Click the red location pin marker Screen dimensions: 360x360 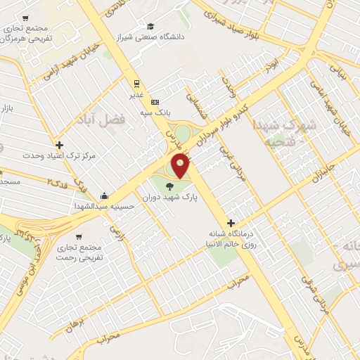click(181, 166)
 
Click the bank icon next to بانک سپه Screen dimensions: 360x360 click(155, 101)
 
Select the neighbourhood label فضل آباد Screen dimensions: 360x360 click(103, 120)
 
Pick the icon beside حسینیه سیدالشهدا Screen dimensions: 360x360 click(104, 195)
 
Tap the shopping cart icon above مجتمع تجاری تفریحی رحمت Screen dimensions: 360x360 click(79, 237)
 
